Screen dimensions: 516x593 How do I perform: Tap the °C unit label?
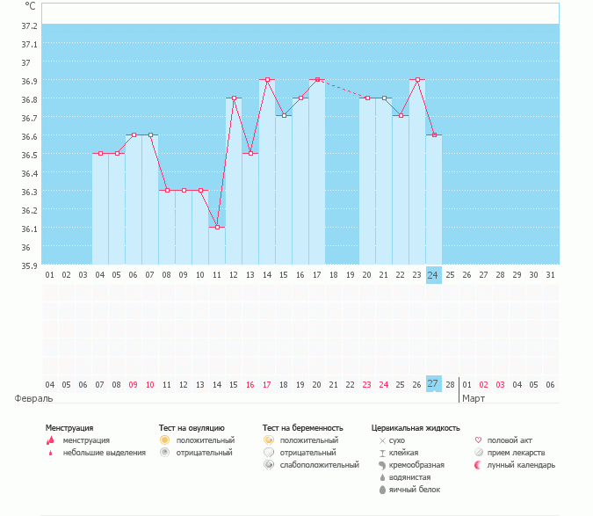(x=30, y=5)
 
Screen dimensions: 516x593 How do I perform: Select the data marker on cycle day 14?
(x=267, y=79)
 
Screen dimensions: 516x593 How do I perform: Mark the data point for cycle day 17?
(x=317, y=79)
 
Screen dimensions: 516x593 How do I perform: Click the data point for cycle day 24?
(x=433, y=134)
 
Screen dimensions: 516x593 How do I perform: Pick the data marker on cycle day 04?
(x=100, y=153)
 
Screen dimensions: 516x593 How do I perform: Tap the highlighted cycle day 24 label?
(x=433, y=275)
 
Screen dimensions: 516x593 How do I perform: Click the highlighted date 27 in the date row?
(x=433, y=384)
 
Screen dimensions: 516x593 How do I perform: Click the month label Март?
(x=474, y=398)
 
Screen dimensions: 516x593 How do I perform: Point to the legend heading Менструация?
(x=69, y=428)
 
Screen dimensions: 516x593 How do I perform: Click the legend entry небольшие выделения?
(x=105, y=453)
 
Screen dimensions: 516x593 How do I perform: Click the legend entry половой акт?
(x=510, y=440)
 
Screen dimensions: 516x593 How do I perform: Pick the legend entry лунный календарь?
(x=521, y=465)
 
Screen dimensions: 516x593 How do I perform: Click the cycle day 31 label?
(x=550, y=275)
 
